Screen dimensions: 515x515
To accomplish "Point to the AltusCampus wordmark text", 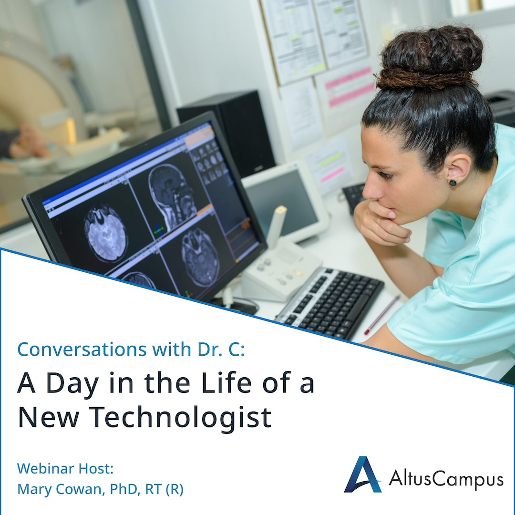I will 446,478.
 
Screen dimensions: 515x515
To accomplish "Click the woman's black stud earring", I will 452,182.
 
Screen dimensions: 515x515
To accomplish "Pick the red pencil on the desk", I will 382,315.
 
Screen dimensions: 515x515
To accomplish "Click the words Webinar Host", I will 65,468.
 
